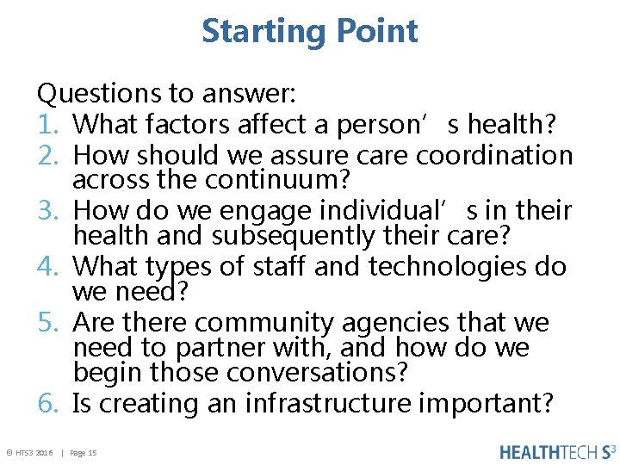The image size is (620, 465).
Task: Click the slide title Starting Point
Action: (x=310, y=31)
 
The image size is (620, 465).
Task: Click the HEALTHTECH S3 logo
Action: (x=558, y=451)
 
